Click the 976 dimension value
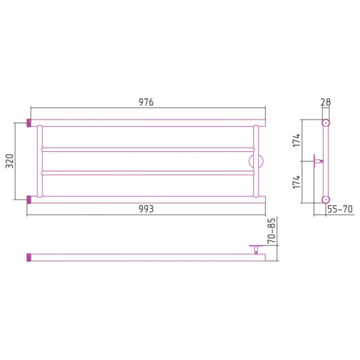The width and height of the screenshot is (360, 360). click(146, 102)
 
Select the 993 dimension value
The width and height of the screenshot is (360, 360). click(146, 209)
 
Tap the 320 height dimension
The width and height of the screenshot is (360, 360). click(10, 161)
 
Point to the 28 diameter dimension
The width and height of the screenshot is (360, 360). click(325, 102)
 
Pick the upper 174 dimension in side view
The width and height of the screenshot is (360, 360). click(297, 140)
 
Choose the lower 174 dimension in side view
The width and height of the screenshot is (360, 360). click(297, 182)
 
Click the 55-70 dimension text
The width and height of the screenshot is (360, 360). click(340, 209)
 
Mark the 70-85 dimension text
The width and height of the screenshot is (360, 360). click(271, 230)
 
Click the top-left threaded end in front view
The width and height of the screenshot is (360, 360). click(29, 123)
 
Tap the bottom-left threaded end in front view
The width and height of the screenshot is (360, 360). click(29, 199)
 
